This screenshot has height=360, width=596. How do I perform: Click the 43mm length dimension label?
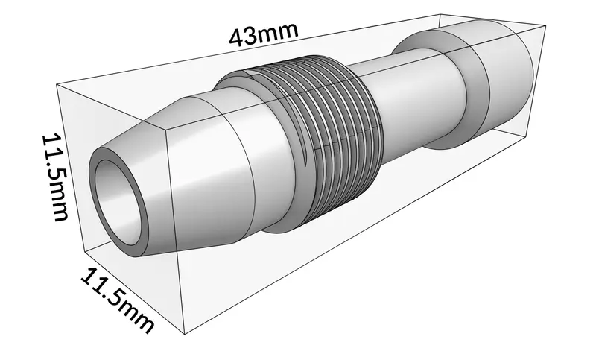[x=263, y=35]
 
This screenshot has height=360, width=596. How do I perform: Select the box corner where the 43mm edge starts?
[x=58, y=83]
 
